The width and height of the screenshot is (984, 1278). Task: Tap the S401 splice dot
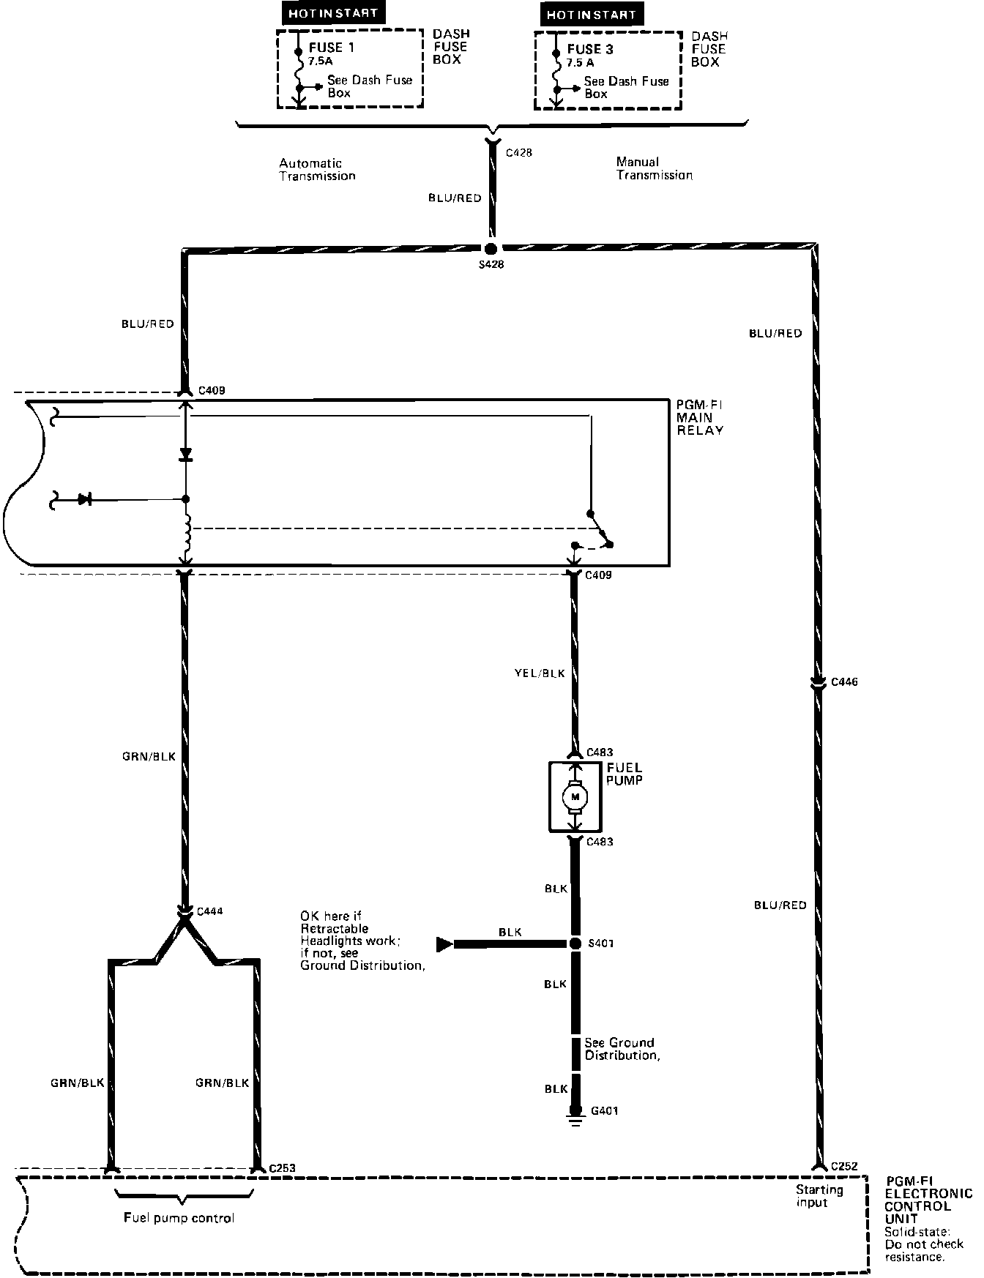[575, 943]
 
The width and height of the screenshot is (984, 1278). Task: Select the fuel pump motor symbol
[575, 796]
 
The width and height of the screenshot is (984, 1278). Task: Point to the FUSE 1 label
[331, 48]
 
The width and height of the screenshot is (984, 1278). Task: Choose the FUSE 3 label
[590, 50]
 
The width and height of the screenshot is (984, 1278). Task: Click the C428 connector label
[519, 153]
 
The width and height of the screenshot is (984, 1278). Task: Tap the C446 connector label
[844, 682]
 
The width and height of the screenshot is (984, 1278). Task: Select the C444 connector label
[210, 911]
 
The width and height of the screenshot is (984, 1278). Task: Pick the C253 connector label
[283, 1168]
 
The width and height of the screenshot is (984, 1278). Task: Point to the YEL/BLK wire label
[540, 673]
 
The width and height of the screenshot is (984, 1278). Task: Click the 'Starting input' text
[819, 1196]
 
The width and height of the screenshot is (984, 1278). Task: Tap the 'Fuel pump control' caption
[179, 1218]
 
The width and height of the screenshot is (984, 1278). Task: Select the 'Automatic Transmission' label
[317, 170]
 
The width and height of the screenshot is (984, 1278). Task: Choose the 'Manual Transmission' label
[654, 168]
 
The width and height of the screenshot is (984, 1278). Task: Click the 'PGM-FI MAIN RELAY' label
[700, 417]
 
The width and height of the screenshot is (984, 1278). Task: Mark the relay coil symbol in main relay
[186, 534]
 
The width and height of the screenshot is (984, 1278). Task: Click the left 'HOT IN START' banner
[333, 13]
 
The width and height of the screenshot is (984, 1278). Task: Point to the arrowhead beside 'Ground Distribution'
[444, 944]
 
